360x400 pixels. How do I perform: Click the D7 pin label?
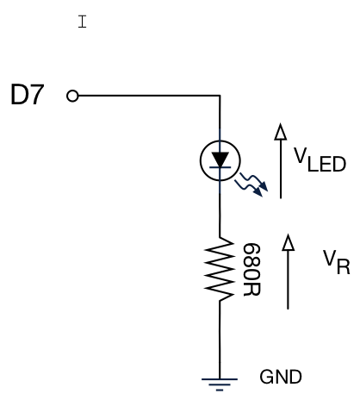click(28, 95)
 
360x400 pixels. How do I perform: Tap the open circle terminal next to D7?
click(72, 96)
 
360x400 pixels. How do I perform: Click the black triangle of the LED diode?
click(220, 159)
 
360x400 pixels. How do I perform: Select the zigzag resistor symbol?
click(220, 269)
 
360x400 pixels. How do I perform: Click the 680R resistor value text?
click(251, 270)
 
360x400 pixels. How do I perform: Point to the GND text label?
click(281, 377)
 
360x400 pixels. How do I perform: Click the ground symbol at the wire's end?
click(220, 384)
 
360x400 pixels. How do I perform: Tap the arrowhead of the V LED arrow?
click(281, 132)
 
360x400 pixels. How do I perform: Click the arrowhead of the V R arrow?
click(289, 242)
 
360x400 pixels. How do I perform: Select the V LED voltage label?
click(320, 159)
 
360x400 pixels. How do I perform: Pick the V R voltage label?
click(337, 262)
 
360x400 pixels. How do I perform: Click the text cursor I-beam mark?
click(82, 22)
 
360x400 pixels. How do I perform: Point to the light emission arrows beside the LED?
click(251, 184)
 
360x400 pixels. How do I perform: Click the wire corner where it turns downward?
click(220, 96)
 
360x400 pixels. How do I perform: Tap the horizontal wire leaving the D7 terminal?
click(149, 96)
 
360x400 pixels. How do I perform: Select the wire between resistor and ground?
click(220, 340)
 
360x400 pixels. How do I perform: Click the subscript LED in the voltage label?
click(326, 165)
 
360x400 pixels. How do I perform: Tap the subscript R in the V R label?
click(344, 266)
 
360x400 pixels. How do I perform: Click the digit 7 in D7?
click(36, 95)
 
